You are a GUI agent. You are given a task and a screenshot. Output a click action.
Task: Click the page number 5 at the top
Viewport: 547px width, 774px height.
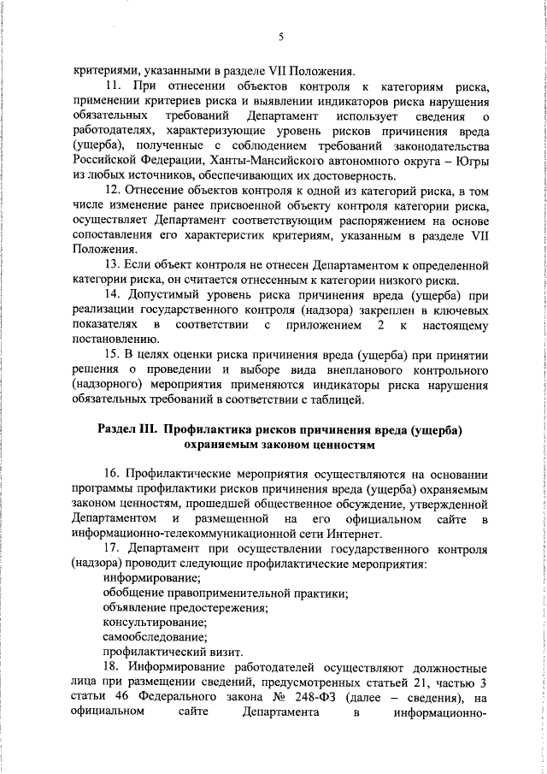pos(280,36)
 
